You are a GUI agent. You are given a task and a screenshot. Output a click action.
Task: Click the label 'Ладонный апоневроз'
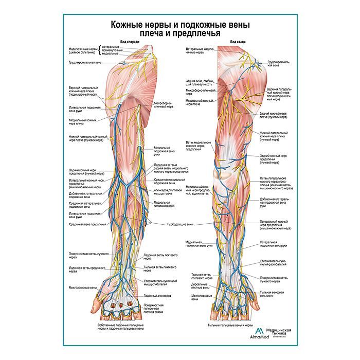pos(157,296)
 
